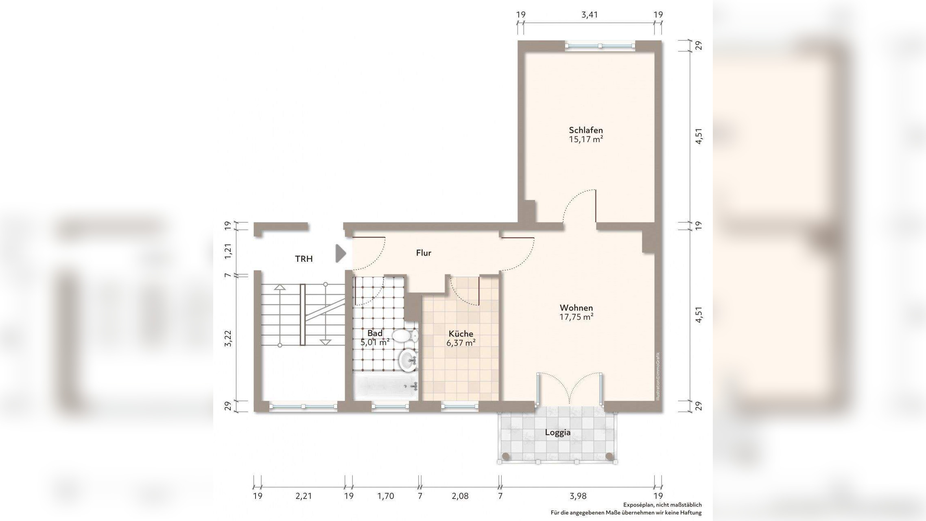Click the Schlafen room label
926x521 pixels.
click(x=586, y=130)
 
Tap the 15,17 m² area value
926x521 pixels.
click(x=586, y=140)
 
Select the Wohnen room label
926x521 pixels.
click(x=576, y=308)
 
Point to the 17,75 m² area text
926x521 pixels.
click(x=576, y=317)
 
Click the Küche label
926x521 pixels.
click(x=461, y=334)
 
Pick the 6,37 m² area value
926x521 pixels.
click(x=461, y=343)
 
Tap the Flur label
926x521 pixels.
click(x=424, y=253)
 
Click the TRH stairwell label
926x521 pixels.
click(x=304, y=259)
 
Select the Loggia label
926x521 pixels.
click(x=558, y=433)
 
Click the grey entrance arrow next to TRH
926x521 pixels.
click(x=340, y=253)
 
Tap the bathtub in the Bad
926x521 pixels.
click(x=386, y=386)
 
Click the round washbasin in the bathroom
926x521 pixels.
click(x=408, y=360)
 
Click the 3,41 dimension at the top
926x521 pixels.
click(x=590, y=15)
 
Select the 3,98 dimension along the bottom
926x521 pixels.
click(x=578, y=496)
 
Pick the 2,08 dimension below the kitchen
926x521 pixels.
click(x=460, y=496)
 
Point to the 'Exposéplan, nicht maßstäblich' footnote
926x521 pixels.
click(x=662, y=505)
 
